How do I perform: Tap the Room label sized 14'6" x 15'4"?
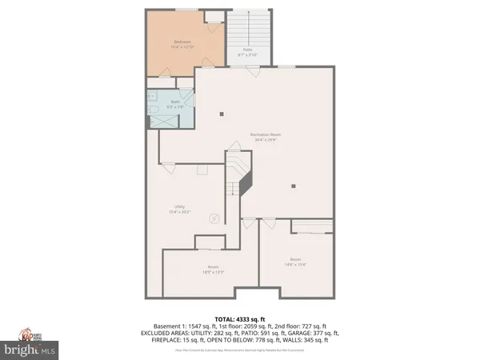tap(295, 262)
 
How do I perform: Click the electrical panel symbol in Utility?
tap(214, 218)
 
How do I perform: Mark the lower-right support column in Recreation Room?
tap(294, 186)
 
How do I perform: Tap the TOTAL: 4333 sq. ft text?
tap(239, 319)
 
